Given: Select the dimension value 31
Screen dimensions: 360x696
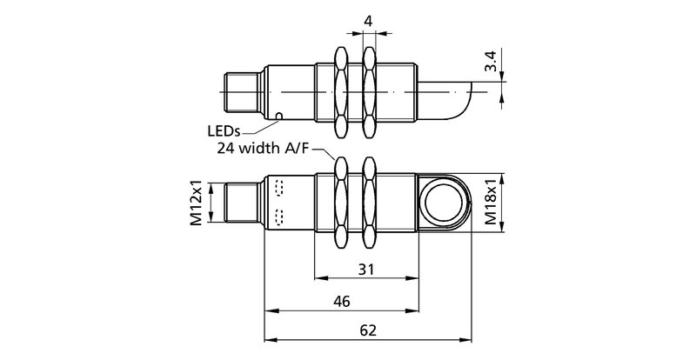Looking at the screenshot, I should tap(367, 270).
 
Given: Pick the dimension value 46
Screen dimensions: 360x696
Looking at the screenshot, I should tap(342, 302).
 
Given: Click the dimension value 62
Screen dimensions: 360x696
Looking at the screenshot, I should tap(367, 332).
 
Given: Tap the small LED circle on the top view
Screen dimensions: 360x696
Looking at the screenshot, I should tap(279, 116).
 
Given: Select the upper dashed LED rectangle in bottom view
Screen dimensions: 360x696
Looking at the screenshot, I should tap(279, 188).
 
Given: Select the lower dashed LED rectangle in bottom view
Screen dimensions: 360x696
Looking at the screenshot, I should tap(279, 217).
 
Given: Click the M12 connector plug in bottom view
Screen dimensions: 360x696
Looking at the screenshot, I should tap(243, 205).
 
